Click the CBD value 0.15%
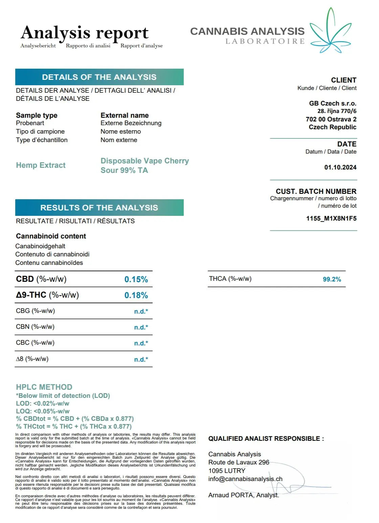pyautogui.click(x=136, y=279)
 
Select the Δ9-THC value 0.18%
pyautogui.click(x=136, y=295)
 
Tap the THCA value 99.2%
pyautogui.click(x=332, y=279)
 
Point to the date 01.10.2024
pyautogui.click(x=340, y=167)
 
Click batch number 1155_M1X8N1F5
pyautogui.click(x=331, y=219)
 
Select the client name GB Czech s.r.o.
pyautogui.click(x=332, y=104)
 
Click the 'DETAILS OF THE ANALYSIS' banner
pyautogui.click(x=99, y=77)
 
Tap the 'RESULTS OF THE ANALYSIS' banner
pyautogui.click(x=99, y=208)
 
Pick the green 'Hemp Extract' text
pyautogui.click(x=41, y=165)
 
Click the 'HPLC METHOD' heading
pyautogui.click(x=44, y=387)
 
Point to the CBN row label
pyautogui.click(x=35, y=327)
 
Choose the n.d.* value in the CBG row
pyautogui.click(x=141, y=312)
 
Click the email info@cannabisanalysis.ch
pyautogui.click(x=245, y=479)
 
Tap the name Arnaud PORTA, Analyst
pyautogui.click(x=244, y=495)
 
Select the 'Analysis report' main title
pyautogui.click(x=85, y=33)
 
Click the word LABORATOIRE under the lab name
pyautogui.click(x=265, y=42)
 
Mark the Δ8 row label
pyautogui.click(x=32, y=359)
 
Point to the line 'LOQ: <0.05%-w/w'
pyautogui.click(x=43, y=411)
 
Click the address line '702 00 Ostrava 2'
pyautogui.click(x=331, y=119)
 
